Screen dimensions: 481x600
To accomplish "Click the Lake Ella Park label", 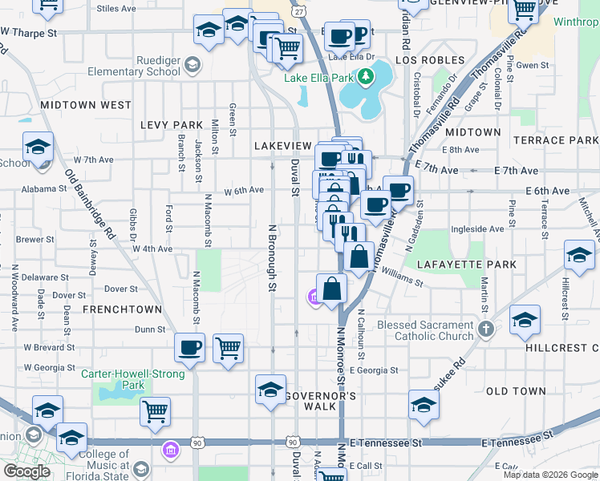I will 318,78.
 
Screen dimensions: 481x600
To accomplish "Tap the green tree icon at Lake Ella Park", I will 366,77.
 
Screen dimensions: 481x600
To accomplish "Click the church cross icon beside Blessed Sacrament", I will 485,329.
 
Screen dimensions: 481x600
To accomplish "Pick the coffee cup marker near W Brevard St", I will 190,347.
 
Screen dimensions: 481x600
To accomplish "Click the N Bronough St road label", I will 272,257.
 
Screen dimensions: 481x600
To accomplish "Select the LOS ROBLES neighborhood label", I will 430,60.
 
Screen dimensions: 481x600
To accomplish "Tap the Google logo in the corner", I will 26,472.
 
